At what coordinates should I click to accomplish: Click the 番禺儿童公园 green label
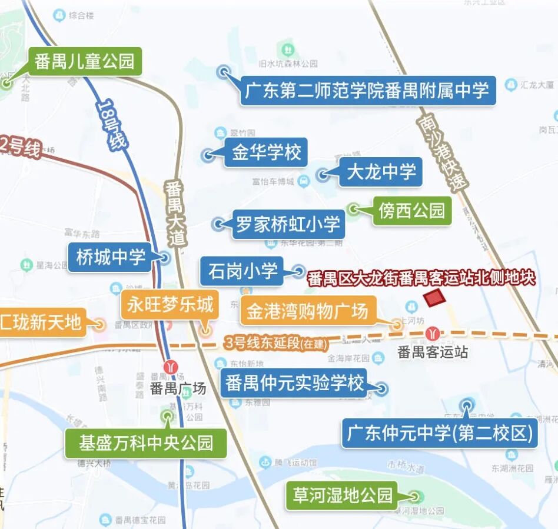pos(84,61)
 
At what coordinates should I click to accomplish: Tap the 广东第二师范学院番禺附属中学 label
pos(367,91)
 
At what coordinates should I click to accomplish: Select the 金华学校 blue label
pos(266,153)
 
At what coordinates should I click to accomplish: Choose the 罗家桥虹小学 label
pos(288,224)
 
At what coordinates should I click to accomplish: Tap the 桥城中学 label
pos(111,257)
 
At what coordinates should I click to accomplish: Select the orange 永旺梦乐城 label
pos(170,305)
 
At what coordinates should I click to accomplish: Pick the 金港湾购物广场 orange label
pos(307,311)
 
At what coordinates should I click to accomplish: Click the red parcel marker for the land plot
pos(436,298)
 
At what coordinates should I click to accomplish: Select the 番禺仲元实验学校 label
pos(294,384)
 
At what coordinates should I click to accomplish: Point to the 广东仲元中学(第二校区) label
pos(440,434)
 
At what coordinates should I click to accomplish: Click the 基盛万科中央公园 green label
pos(146,443)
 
